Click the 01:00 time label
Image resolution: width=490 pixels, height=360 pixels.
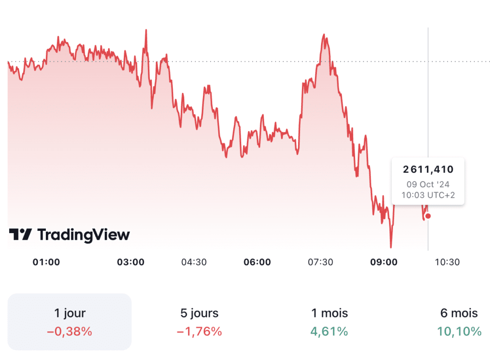(46, 262)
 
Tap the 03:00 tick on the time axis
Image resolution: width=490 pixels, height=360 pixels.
(131, 262)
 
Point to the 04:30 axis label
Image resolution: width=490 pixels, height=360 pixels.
(194, 262)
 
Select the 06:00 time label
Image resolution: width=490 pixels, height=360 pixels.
(257, 262)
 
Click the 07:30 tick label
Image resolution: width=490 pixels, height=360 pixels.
(321, 262)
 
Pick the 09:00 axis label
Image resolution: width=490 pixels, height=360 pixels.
(384, 262)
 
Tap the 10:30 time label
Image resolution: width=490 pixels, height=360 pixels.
(447, 262)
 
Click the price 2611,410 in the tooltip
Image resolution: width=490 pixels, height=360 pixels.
(428, 169)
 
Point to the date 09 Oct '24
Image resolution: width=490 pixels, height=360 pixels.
(428, 184)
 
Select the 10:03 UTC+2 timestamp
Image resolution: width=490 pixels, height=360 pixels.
(428, 195)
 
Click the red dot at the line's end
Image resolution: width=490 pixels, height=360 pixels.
(428, 216)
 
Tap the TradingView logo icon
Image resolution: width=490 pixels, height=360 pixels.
(20, 235)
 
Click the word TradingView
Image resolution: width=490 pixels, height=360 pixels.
(83, 235)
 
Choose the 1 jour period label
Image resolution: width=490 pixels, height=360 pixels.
(70, 314)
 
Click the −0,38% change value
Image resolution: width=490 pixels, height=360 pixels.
(70, 331)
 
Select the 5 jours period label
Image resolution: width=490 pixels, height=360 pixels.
(199, 314)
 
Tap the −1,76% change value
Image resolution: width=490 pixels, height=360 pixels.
(199, 331)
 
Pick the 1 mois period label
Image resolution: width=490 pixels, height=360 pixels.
(329, 314)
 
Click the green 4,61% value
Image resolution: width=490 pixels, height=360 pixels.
(329, 331)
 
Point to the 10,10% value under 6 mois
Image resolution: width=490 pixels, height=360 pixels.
(459, 331)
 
